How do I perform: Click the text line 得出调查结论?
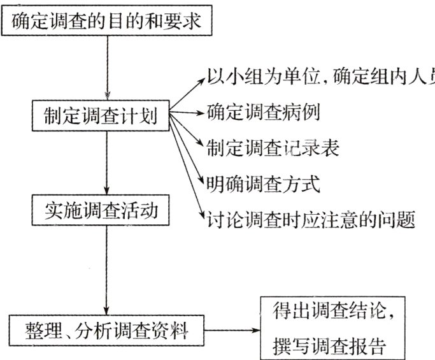[x=333, y=313]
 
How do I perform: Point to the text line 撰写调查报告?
[x=333, y=347]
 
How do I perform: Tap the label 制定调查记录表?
[x=272, y=149]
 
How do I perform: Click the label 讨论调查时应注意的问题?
[x=311, y=220]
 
